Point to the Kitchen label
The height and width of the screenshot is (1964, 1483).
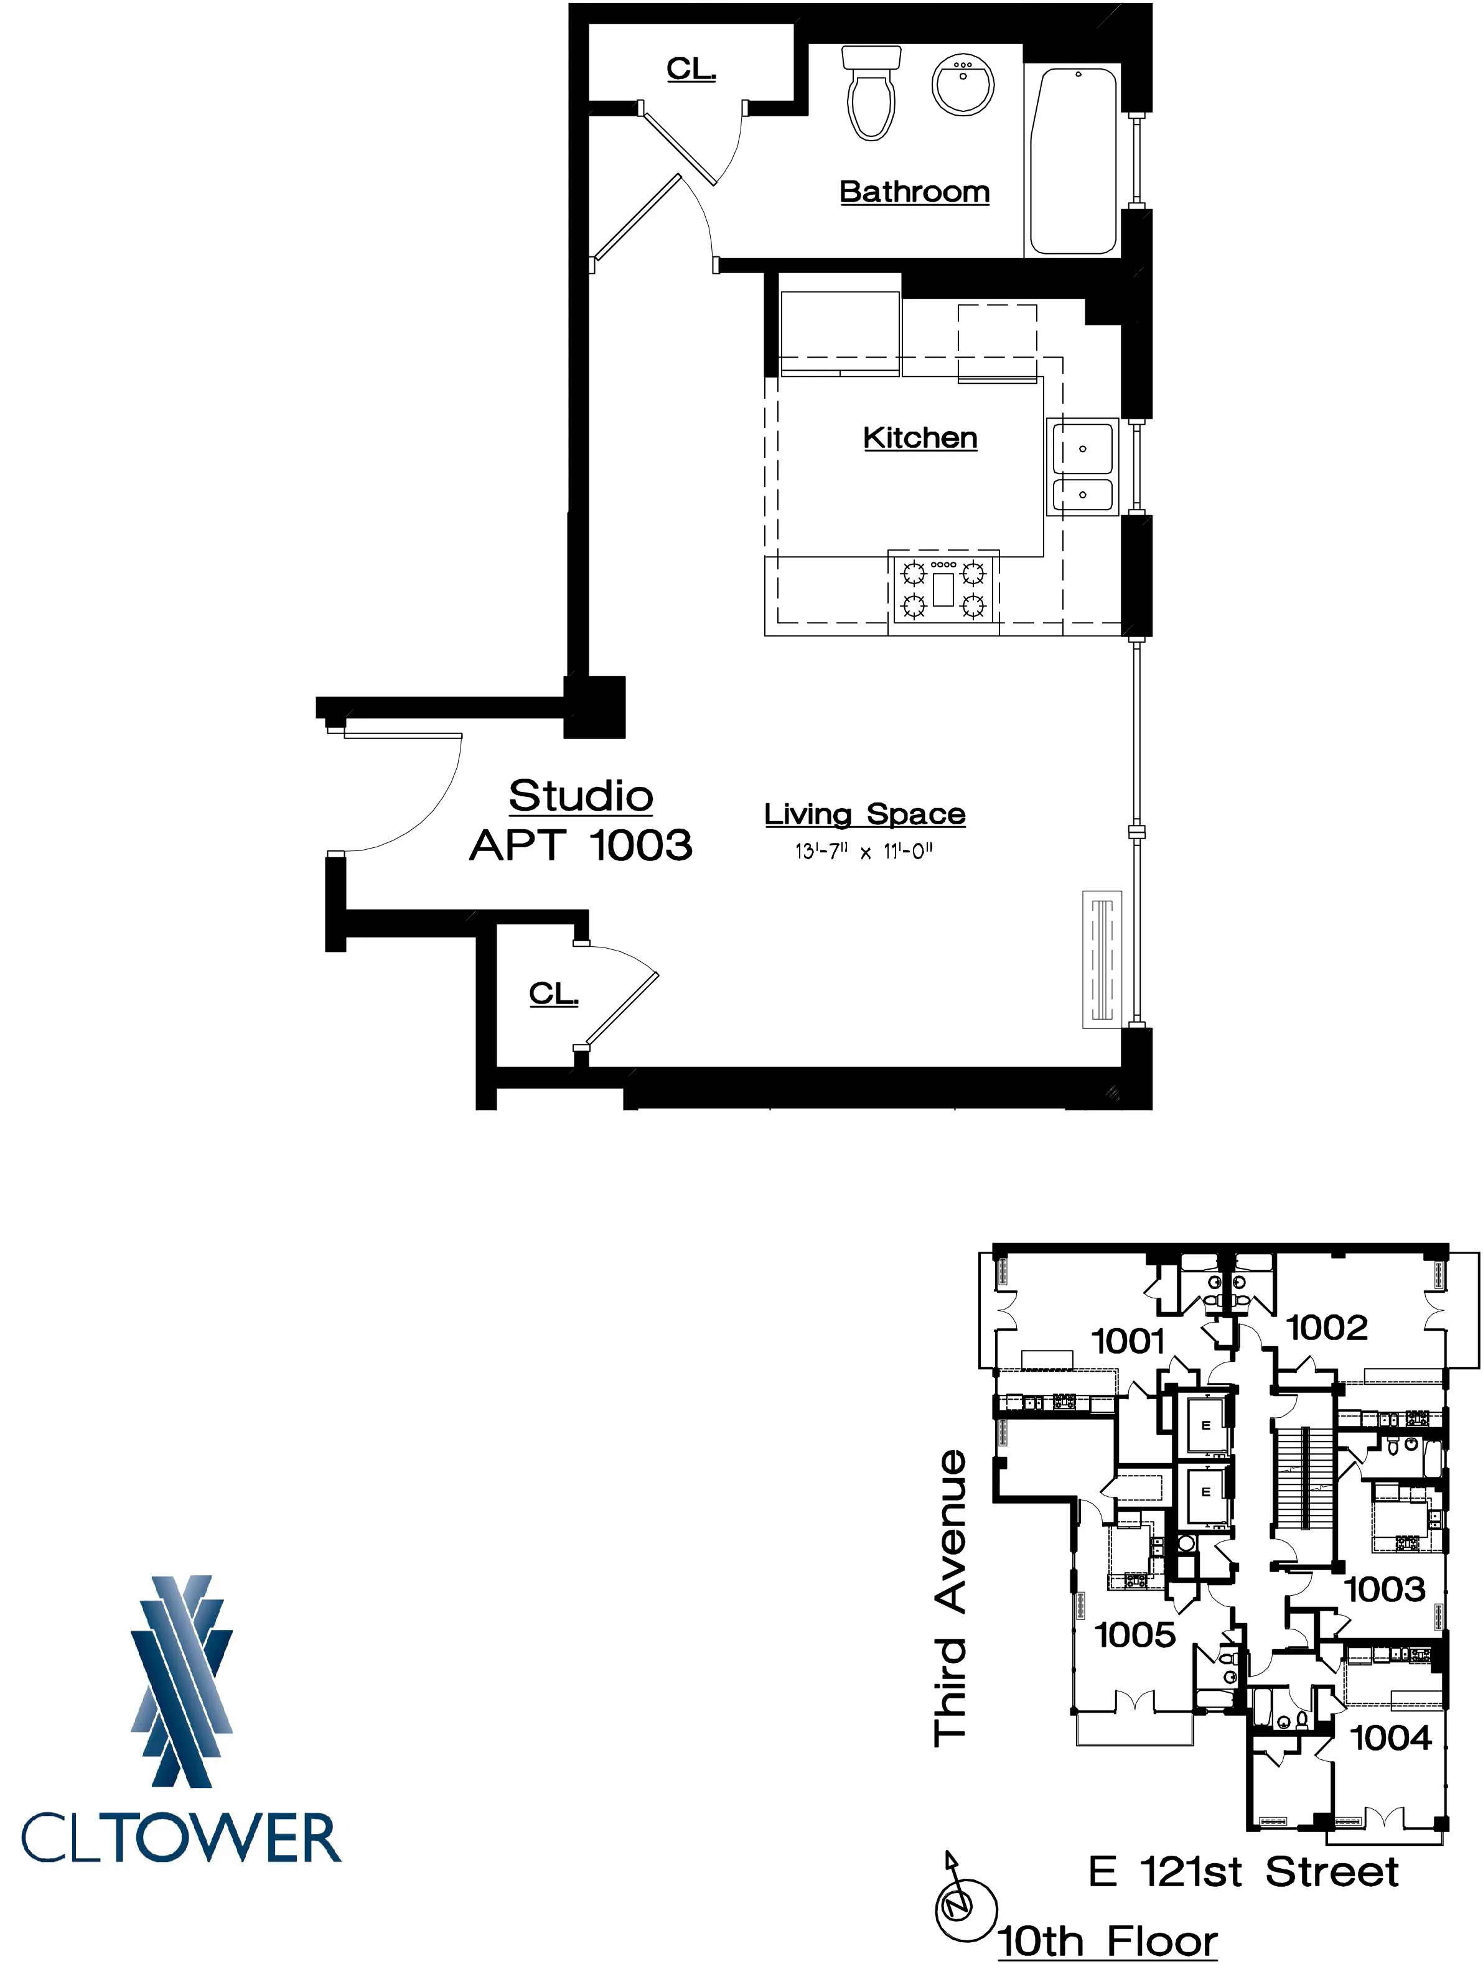(x=920, y=438)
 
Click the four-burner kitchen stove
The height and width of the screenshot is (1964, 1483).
(x=943, y=588)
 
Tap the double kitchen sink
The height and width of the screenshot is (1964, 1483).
(x=1082, y=468)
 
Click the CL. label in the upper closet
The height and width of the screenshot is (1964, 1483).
(x=691, y=69)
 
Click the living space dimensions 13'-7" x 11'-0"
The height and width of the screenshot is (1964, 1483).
(x=864, y=852)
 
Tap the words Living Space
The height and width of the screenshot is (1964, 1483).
(x=864, y=814)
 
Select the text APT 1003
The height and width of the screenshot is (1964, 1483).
(x=581, y=845)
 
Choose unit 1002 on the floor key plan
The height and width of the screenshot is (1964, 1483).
(x=1327, y=1328)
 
